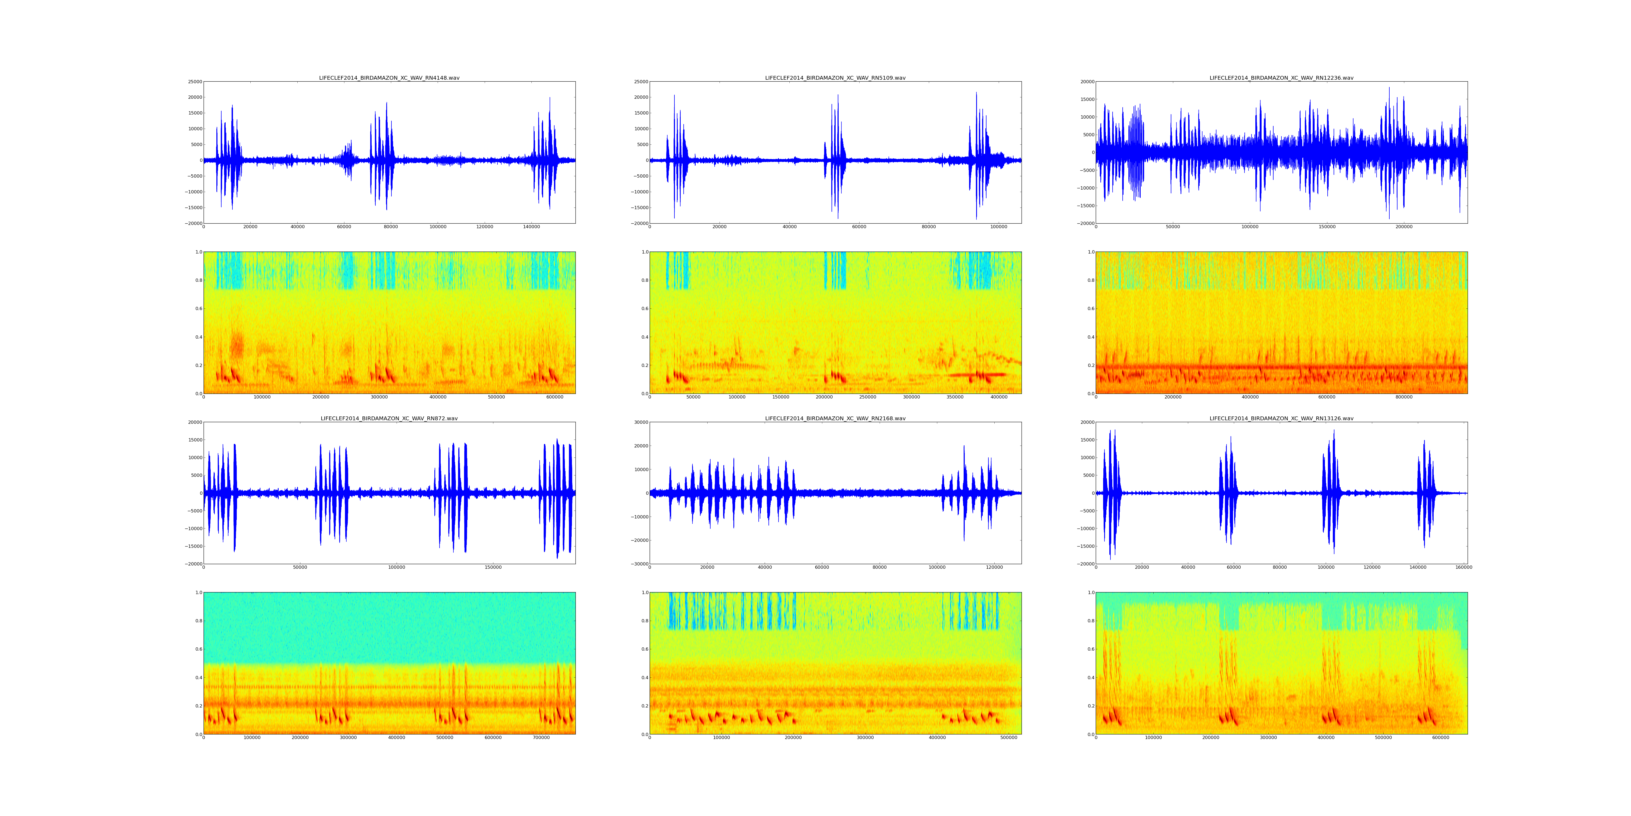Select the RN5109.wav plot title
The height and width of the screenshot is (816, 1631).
(x=835, y=78)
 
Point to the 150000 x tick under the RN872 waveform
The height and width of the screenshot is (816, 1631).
(x=493, y=568)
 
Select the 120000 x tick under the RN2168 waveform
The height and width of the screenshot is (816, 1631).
(x=995, y=568)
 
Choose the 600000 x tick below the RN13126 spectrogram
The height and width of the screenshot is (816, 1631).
(x=1440, y=737)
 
